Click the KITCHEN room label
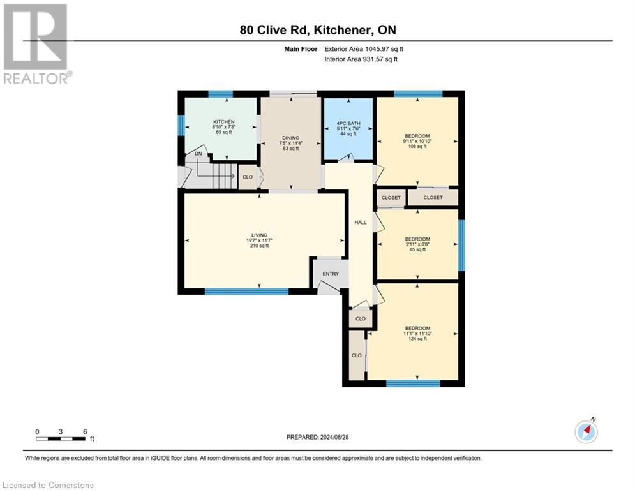pyautogui.click(x=224, y=121)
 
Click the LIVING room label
pyautogui.click(x=259, y=235)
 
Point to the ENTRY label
pyautogui.click(x=331, y=274)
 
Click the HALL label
pyautogui.click(x=361, y=222)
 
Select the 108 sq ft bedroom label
pyautogui.click(x=417, y=136)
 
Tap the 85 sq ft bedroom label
pyautogui.click(x=417, y=239)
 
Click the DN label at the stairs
pyautogui.click(x=198, y=154)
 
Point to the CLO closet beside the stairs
pyautogui.click(x=248, y=177)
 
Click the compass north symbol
pyautogui.click(x=585, y=431)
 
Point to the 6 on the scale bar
pyautogui.click(x=84, y=431)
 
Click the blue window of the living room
pyautogui.click(x=246, y=292)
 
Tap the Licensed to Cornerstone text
pyautogui.click(x=49, y=486)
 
